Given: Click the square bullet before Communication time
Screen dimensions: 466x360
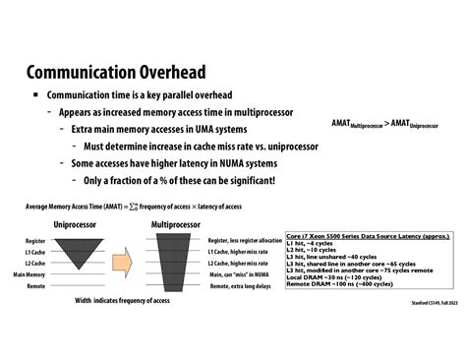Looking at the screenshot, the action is [x=36, y=95].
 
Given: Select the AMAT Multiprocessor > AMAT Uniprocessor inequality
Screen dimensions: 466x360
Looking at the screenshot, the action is [x=385, y=123].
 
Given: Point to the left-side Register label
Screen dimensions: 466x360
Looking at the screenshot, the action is [x=34, y=241].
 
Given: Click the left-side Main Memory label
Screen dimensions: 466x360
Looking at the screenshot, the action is [x=29, y=274].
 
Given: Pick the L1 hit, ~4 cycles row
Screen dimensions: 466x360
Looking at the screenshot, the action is [x=314, y=244].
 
